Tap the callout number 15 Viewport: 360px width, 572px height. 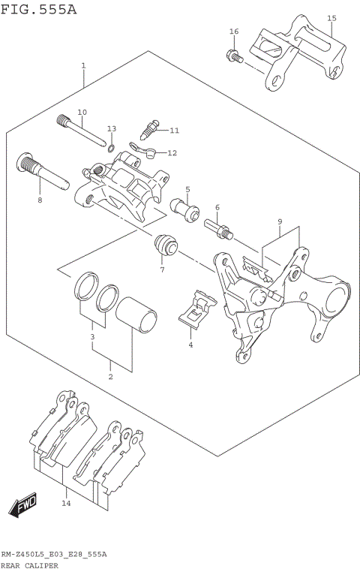coord(331,18)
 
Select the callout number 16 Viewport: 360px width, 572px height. coord(234,31)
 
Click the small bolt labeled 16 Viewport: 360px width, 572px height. coord(233,55)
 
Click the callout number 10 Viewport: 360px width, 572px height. coord(82,112)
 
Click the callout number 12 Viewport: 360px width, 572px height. coord(172,153)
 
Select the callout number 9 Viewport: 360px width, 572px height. coord(279,222)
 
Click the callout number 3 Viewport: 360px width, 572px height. coord(92,339)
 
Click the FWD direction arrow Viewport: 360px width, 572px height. coord(23,504)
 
